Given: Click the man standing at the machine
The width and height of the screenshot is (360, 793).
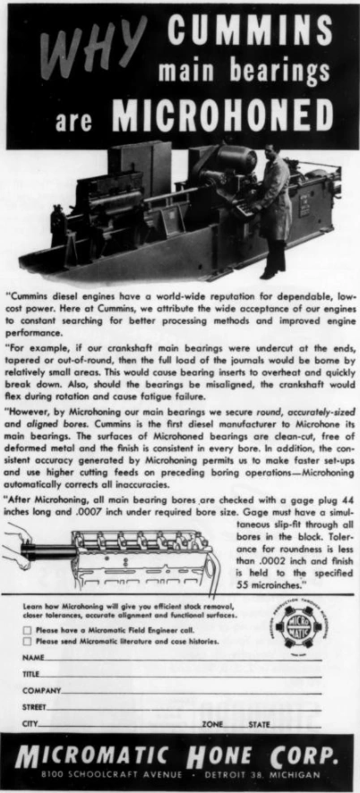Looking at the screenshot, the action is [272, 214].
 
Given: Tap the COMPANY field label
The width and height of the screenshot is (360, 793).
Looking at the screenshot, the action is [41, 690].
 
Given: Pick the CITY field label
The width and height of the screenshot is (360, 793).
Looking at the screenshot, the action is [30, 722].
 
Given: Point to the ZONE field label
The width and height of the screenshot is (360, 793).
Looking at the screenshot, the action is [213, 722].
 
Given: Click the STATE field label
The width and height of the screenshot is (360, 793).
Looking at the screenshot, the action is [259, 722].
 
